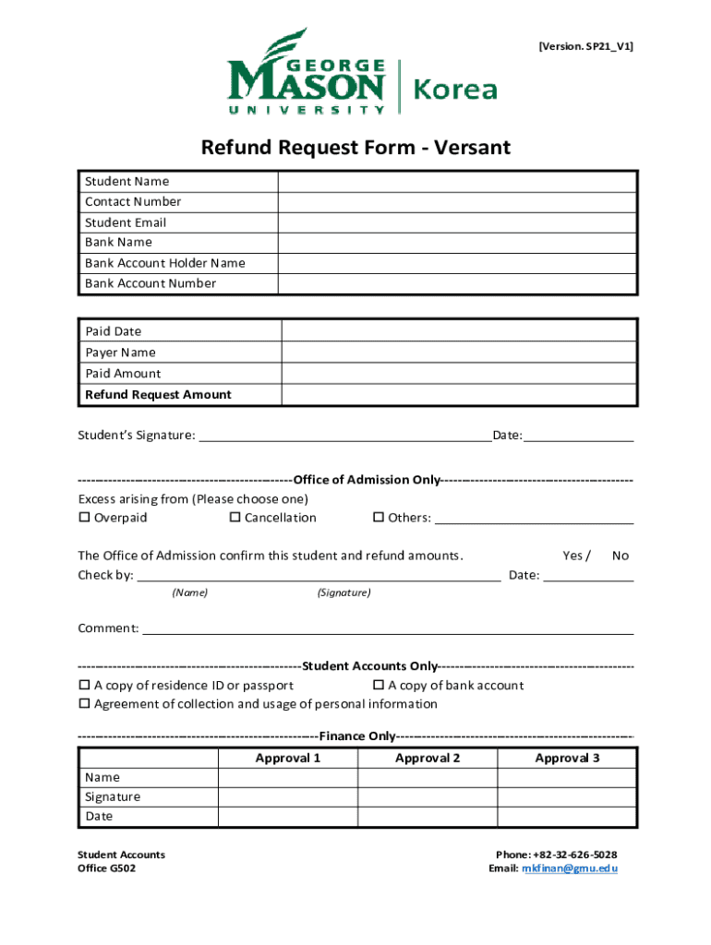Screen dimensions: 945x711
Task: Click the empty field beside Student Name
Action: tap(458, 182)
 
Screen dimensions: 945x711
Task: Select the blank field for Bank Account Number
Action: tap(458, 283)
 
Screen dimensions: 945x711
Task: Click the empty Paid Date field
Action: tap(458, 331)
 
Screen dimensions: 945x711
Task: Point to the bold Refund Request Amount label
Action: tap(158, 395)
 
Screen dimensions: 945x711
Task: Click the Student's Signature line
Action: tap(345, 435)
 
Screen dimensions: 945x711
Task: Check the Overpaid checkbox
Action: tap(84, 518)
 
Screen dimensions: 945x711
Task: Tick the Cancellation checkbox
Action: tap(235, 518)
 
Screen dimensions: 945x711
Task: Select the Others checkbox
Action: tap(378, 518)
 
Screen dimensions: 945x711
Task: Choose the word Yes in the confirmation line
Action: tap(572, 556)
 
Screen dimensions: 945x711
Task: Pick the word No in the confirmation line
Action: tap(621, 556)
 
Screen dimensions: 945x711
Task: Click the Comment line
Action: tap(388, 628)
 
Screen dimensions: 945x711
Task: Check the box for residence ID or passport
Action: tap(84, 686)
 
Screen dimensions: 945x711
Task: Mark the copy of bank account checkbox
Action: tap(378, 686)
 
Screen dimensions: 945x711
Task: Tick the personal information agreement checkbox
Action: tap(84, 704)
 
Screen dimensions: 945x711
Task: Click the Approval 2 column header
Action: tap(428, 759)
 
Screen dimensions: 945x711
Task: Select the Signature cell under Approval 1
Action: tap(287, 796)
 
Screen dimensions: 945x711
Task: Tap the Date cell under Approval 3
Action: tap(567, 817)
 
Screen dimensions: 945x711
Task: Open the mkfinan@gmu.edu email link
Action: tap(569, 869)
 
